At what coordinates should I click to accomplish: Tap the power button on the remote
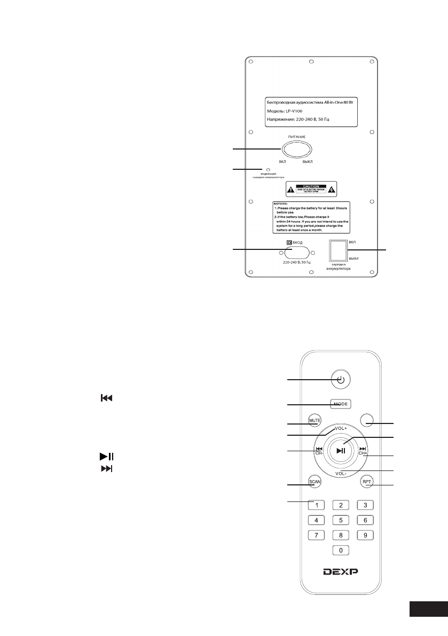[341, 380]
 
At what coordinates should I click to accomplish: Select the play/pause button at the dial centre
[342, 450]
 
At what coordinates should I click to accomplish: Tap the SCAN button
[314, 481]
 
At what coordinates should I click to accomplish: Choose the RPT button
[367, 481]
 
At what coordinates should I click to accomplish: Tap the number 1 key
[317, 505]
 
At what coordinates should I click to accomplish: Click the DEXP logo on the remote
[341, 571]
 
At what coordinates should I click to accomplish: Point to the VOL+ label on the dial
[342, 429]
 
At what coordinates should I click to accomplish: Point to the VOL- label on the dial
[341, 474]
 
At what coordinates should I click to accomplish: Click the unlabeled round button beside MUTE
[367, 421]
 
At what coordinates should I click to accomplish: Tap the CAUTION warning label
[311, 189]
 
